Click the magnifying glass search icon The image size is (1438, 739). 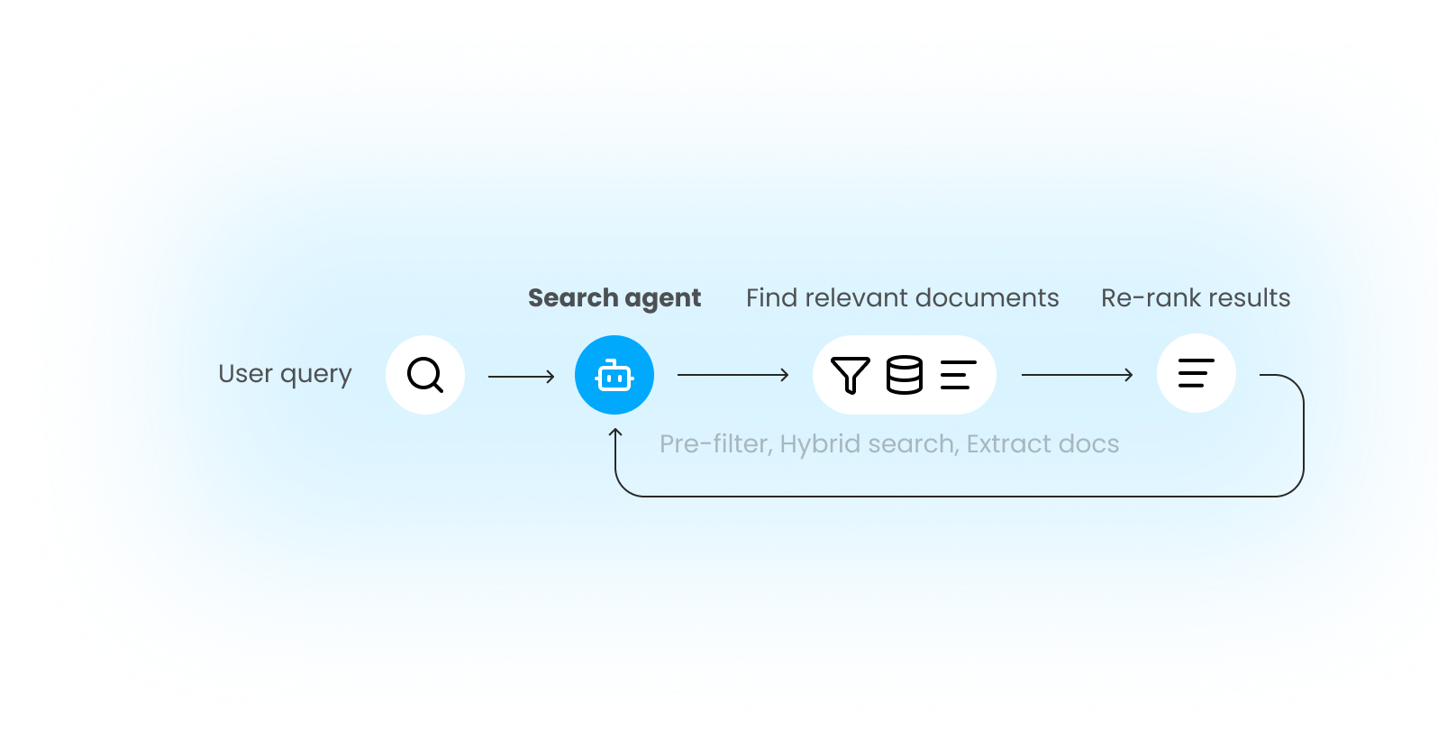(425, 375)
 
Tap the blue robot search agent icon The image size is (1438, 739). (614, 375)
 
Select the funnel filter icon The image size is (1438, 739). (850, 375)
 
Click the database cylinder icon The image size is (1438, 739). (905, 375)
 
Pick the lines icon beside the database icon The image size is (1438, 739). (958, 375)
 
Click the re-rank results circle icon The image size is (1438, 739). (1196, 373)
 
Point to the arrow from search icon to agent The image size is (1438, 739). (521, 377)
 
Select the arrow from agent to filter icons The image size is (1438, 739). (733, 375)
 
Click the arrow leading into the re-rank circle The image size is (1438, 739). (1077, 375)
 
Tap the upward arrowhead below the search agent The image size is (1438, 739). (615, 435)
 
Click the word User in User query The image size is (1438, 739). (245, 374)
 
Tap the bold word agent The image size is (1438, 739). (662, 300)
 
